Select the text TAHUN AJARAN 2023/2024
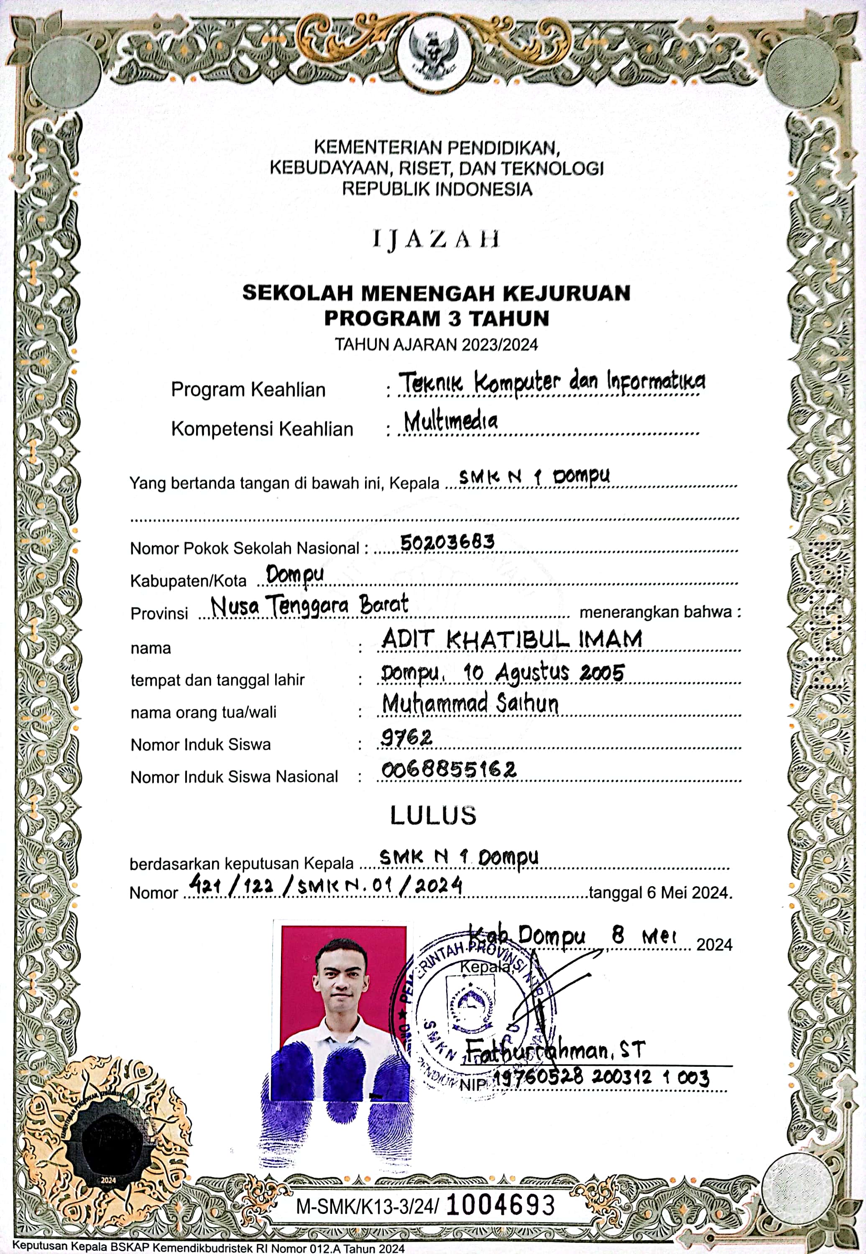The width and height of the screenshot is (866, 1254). (436, 344)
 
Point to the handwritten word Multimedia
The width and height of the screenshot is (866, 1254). (450, 421)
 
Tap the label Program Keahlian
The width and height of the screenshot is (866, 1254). (248, 390)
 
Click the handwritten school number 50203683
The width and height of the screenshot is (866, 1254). (447, 541)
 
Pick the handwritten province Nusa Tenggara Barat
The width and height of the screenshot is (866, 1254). (309, 605)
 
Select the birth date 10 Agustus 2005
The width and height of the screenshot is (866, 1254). (544, 673)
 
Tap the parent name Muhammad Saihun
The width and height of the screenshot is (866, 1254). (470, 703)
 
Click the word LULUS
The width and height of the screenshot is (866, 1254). (433, 815)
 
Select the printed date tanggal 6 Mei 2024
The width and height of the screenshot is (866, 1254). (660, 892)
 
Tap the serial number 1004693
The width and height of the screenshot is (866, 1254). (500, 1205)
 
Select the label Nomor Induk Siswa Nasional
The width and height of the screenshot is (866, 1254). (234, 777)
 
